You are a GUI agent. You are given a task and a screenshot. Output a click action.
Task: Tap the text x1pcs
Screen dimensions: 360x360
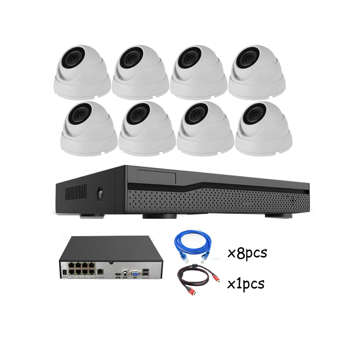(245, 284)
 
